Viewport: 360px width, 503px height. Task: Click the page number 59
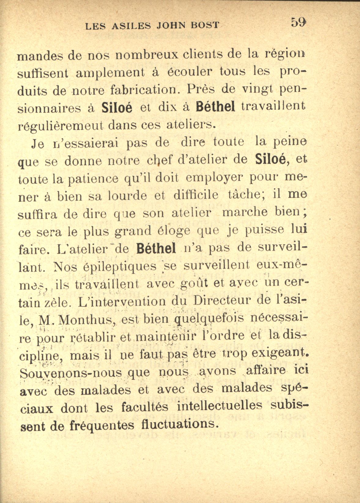(299, 23)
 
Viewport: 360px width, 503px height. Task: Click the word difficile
(195, 195)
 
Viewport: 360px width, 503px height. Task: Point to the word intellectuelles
(219, 406)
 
